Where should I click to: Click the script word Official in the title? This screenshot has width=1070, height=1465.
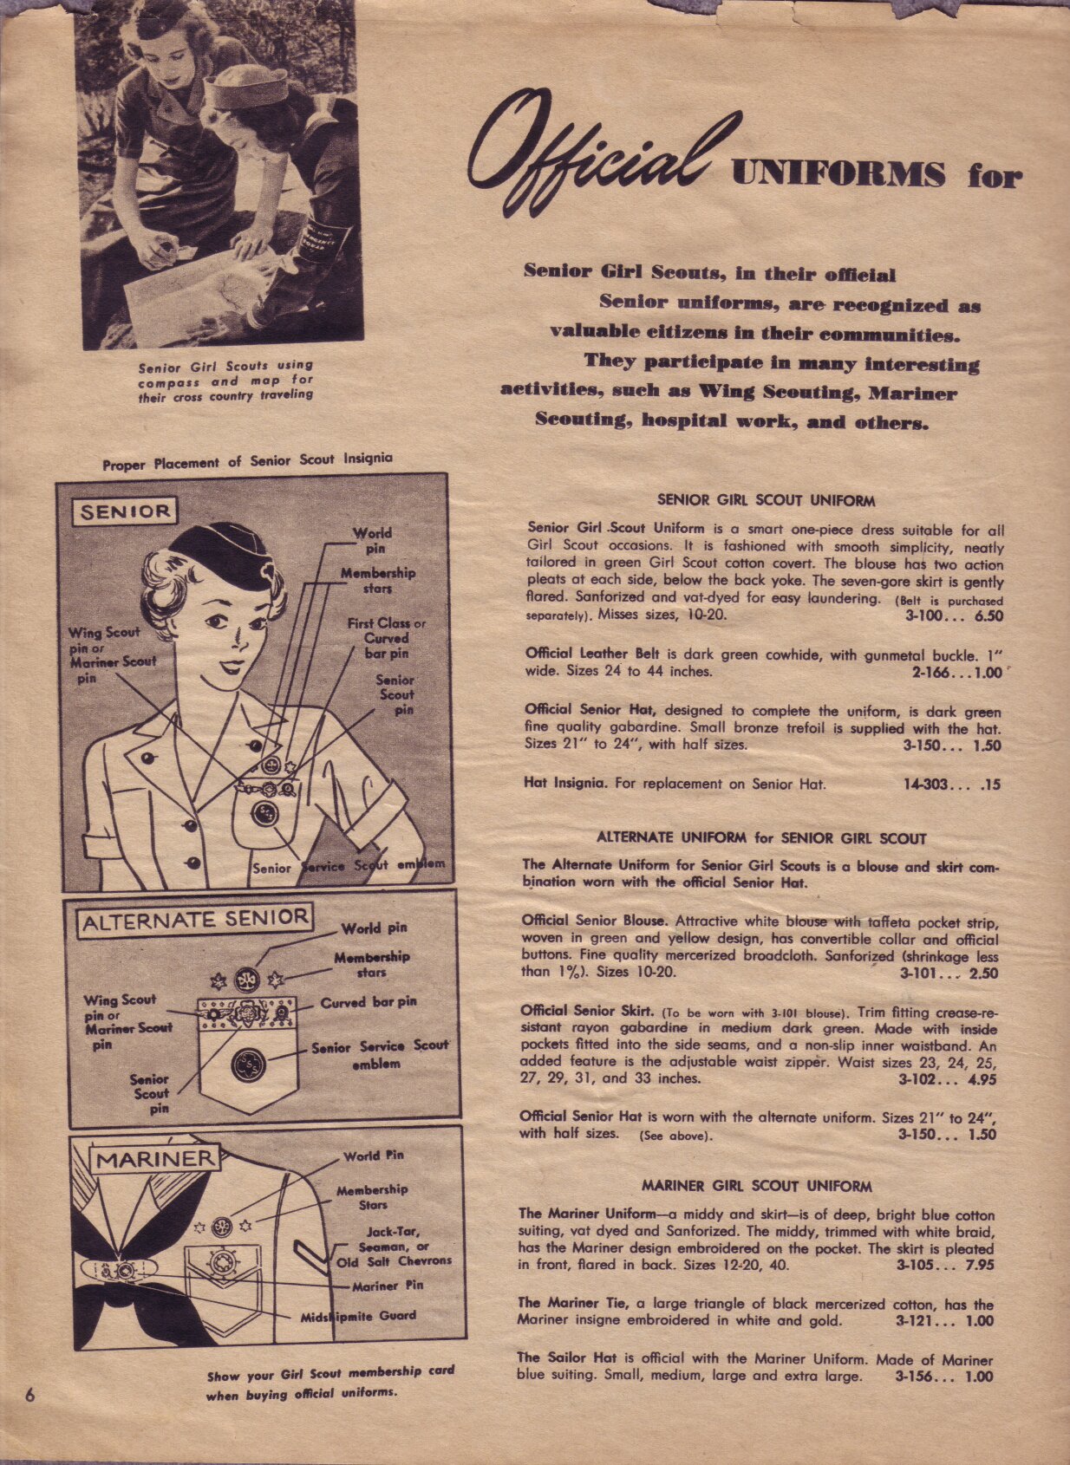598,156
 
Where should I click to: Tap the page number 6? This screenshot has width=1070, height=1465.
29,1395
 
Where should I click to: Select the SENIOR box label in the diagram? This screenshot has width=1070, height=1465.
125,511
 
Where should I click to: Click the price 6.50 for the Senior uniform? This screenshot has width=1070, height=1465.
988,616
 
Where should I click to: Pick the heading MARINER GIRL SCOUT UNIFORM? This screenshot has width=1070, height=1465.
756,1186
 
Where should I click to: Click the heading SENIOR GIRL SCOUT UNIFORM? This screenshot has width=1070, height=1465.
766,500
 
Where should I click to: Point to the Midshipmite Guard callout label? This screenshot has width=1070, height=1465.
358,1316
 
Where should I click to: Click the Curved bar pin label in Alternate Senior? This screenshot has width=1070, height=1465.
369,1002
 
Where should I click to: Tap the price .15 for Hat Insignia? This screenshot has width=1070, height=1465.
988,785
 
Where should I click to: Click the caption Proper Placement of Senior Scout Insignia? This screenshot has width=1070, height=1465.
247,461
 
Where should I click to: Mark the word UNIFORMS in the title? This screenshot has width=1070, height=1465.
838,174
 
